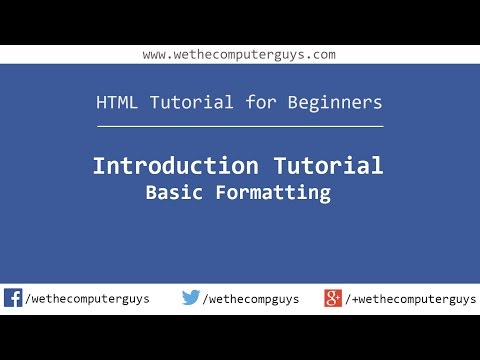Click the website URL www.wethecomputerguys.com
239,54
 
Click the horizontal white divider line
239,127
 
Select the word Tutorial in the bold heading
324,166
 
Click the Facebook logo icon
13,298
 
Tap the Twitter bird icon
190,298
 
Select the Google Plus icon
333,298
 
